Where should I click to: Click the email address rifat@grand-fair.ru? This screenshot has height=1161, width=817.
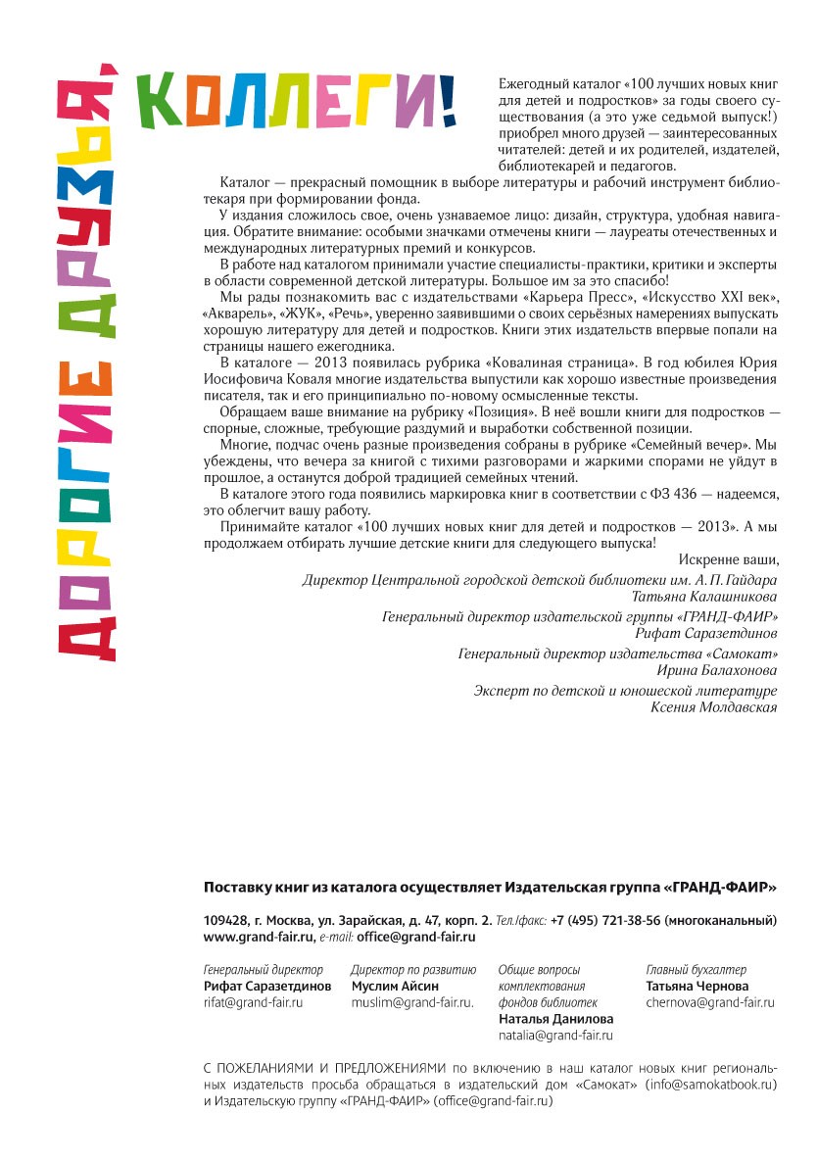(253, 1003)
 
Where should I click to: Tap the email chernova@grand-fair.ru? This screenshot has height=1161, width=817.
(710, 1003)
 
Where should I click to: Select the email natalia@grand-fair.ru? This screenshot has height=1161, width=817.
(555, 1036)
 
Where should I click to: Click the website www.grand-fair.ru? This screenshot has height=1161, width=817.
(256, 938)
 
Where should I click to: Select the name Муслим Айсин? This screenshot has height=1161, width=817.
(395, 987)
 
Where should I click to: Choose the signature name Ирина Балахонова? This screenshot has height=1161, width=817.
(717, 671)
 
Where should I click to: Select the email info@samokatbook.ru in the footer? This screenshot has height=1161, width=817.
(714, 1085)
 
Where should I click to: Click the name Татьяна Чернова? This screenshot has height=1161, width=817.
(697, 987)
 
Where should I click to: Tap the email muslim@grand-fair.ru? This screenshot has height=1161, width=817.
(412, 1003)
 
